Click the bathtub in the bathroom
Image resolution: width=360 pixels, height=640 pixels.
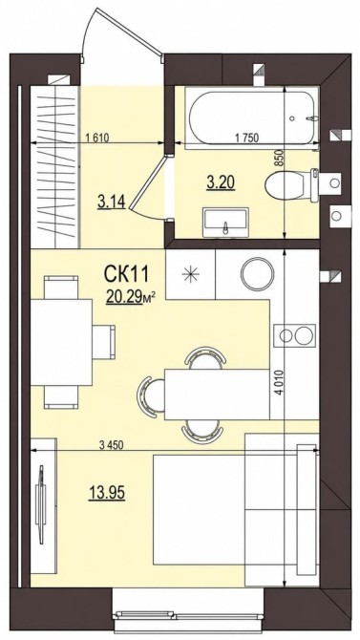[x=251, y=117]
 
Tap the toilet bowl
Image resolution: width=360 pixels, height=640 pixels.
[x=291, y=185]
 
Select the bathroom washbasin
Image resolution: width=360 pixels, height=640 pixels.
[x=225, y=222]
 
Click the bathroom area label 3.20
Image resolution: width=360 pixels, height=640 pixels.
[x=221, y=182]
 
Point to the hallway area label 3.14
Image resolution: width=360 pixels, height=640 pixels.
[x=111, y=203]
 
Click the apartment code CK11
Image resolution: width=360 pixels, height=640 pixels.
[x=125, y=274]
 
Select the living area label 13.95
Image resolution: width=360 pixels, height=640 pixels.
[x=107, y=493]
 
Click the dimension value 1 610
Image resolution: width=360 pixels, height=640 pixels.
[x=97, y=138]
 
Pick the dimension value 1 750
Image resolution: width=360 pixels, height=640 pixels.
[x=246, y=138]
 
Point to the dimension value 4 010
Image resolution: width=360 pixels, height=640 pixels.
[x=280, y=382]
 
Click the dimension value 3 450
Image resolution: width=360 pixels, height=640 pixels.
[x=111, y=445]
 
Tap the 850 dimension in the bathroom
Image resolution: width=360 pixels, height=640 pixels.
[x=280, y=158]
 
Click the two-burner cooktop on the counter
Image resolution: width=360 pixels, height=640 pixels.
[x=295, y=335]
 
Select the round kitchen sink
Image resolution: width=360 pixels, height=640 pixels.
[x=257, y=273]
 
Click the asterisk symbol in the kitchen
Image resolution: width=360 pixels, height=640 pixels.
[x=191, y=274]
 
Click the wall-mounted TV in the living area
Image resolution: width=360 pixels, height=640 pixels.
[x=40, y=504]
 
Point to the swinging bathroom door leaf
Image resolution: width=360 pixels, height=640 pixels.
[x=148, y=181]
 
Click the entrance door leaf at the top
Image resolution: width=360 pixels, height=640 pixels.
[x=122, y=31]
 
